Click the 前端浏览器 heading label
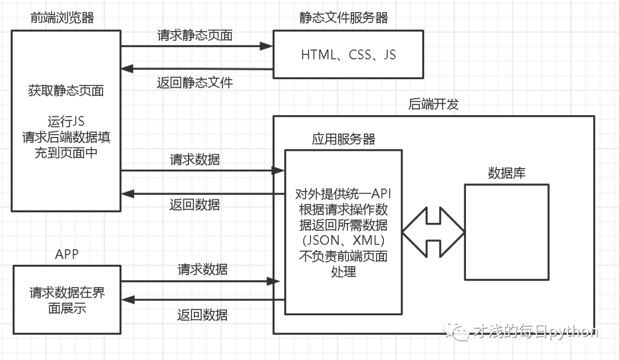62,18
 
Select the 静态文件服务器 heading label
343,18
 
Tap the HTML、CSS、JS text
348,55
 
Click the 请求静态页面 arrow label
195,35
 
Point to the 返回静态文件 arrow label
195,83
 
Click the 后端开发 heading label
433,104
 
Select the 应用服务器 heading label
343,139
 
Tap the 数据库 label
506,173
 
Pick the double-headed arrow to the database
433,232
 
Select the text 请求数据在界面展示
67,300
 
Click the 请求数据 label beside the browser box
195,160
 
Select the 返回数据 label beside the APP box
202,314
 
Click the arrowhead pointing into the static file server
267,46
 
